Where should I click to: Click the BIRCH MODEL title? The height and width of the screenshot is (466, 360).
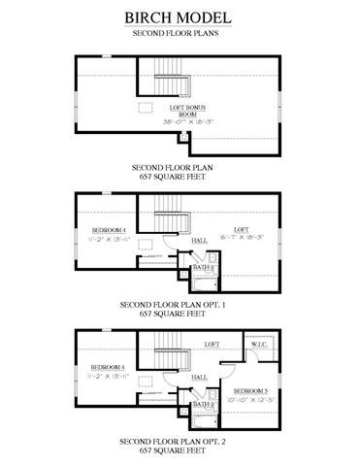(x=180, y=17)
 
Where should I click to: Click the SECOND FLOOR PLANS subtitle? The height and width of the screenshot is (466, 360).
(x=180, y=33)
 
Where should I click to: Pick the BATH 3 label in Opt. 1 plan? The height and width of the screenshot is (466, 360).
(x=203, y=266)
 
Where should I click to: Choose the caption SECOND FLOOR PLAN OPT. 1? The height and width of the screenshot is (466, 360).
(x=180, y=305)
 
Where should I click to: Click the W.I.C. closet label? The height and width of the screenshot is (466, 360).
(x=259, y=345)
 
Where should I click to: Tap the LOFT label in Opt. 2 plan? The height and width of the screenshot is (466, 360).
(x=211, y=344)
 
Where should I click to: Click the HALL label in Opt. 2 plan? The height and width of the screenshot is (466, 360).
(x=198, y=378)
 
